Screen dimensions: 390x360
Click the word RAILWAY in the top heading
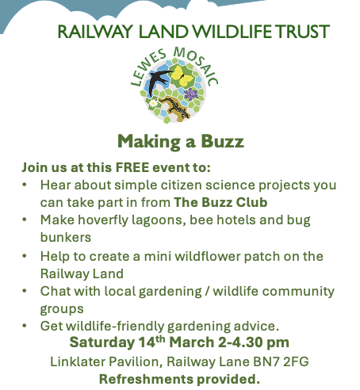click(86, 32)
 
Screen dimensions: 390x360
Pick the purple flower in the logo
click(191, 94)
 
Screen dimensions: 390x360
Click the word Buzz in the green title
click(219, 142)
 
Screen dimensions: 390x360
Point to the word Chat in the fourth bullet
click(55, 291)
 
